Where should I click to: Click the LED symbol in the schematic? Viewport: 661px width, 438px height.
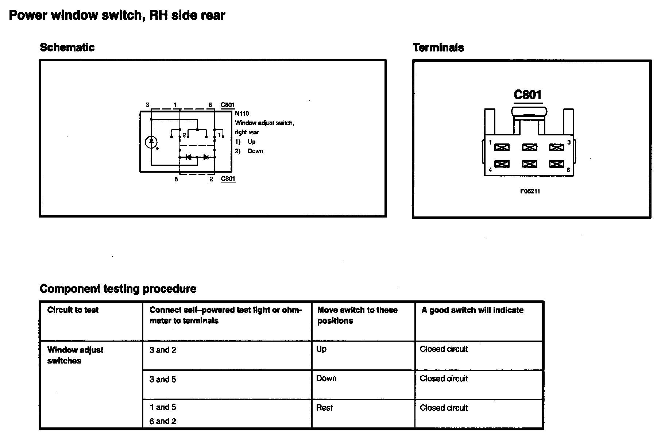coord(152,142)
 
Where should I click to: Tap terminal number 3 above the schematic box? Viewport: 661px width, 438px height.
coord(147,105)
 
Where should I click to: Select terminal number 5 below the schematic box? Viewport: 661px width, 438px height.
coord(176,179)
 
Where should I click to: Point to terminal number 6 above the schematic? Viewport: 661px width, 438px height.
coord(210,105)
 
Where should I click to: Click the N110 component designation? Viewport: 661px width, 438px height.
coord(242,114)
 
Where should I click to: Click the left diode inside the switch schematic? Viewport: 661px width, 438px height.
coord(189,157)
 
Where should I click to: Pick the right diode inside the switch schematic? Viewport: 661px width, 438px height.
coord(206,157)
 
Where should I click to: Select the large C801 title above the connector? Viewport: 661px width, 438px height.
coord(527,95)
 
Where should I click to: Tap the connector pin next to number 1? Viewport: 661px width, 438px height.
coord(502,147)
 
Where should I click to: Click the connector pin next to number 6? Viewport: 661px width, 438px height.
coord(556,164)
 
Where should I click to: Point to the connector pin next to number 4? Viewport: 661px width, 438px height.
coord(502,164)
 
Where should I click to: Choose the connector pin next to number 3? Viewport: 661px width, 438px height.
coord(556,147)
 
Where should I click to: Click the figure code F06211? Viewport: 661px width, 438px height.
coord(530,191)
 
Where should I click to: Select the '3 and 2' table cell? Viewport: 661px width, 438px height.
coord(163,350)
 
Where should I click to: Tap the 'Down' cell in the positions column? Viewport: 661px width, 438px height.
coord(326,379)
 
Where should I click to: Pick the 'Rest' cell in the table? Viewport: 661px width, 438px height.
coord(324,408)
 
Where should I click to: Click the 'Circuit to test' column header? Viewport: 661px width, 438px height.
coord(73,310)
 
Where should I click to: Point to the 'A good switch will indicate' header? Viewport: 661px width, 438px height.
coord(472,311)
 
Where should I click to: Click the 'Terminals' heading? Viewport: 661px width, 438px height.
coord(438,47)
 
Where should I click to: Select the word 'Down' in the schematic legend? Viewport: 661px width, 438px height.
coord(255,151)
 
